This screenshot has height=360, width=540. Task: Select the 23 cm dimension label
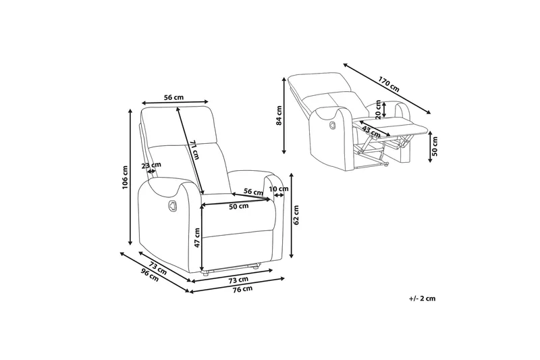pos(151,164)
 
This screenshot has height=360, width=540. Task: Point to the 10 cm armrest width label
pos(278,189)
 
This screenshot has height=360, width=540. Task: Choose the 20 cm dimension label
pos(378,109)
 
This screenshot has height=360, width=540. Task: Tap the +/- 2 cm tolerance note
pos(423,298)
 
